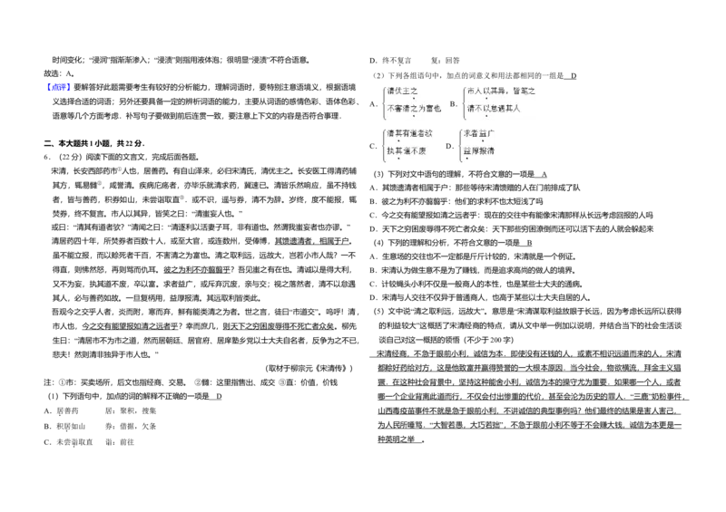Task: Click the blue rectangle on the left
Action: [58, 87]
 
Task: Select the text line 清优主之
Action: [401, 91]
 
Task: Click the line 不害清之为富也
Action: [414, 109]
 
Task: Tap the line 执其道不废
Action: [406, 150]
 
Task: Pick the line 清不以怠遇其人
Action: [493, 109]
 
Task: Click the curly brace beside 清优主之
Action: [383, 101]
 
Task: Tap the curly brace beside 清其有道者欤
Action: [383, 144]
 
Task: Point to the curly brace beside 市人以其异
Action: [463, 101]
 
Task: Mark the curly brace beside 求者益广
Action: [463, 144]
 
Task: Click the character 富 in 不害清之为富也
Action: [429, 109]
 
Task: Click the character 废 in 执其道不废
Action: [422, 150]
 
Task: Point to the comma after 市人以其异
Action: [508, 92]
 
